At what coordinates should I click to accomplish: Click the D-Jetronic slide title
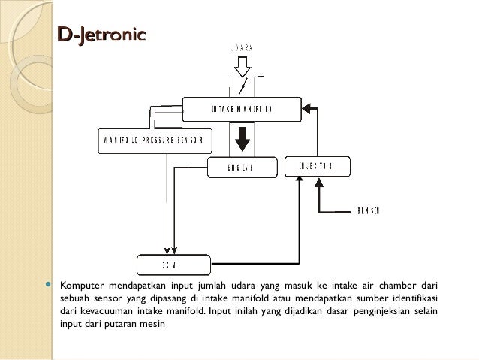pos(96,35)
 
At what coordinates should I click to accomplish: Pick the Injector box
pos(318,166)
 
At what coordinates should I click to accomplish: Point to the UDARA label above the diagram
pos(240,47)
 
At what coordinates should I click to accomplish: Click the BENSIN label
pos(369,210)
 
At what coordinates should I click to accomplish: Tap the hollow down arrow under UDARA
pos(242,68)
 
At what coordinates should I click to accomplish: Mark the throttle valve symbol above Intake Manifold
pos(243,86)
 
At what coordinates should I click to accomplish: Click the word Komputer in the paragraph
pos(81,286)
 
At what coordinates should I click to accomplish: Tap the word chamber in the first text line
pos(401,286)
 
